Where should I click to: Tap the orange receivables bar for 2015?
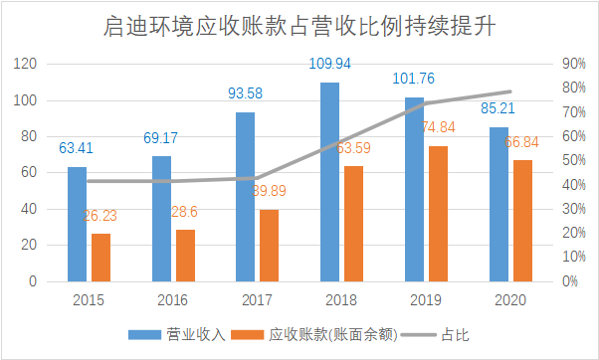(x=100, y=258)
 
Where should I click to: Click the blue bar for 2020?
(x=498, y=204)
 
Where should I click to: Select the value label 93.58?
(x=245, y=93)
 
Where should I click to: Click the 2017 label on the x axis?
(x=257, y=299)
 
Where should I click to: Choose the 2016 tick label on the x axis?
(x=173, y=299)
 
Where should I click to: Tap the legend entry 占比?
(x=438, y=335)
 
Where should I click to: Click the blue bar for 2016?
(x=161, y=219)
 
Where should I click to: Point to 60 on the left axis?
(x=28, y=173)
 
